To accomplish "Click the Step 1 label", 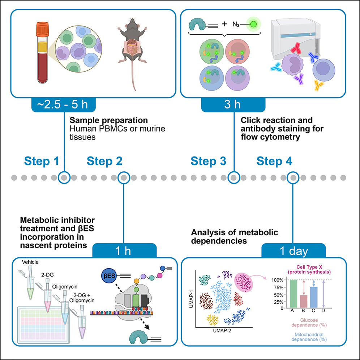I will point(42,161).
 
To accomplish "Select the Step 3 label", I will point(209,161).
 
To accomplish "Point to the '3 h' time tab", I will point(233,105).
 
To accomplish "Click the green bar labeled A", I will point(291,294).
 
